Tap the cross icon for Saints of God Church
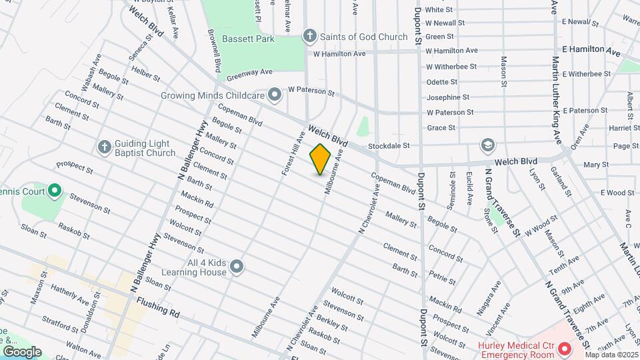pos(309,36)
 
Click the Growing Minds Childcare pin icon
pos(274,95)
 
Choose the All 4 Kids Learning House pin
pos(236,267)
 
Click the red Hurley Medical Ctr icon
pos(564,349)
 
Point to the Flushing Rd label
pos(158,307)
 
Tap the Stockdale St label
pos(389,145)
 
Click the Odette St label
pos(442,82)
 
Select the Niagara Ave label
pos(490,297)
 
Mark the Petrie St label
pos(437,275)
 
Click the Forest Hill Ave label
pos(293,153)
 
